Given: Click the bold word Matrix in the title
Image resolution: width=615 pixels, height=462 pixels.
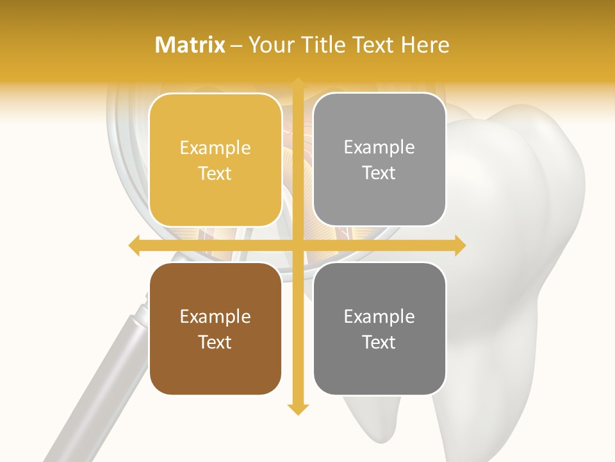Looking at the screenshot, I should pyautogui.click(x=190, y=45).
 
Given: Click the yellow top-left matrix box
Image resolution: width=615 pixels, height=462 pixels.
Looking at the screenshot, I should pyautogui.click(x=215, y=160).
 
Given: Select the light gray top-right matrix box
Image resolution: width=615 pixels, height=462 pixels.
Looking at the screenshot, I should pyautogui.click(x=379, y=160).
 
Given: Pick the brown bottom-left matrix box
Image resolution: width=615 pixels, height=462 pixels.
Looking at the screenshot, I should pyautogui.click(x=215, y=329).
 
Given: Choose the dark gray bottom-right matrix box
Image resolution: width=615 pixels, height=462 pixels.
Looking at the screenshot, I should pyautogui.click(x=379, y=329).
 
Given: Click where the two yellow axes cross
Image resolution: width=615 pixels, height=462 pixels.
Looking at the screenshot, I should pyautogui.click(x=297, y=246).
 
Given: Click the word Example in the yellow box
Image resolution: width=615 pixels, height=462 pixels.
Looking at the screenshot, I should pyautogui.click(x=215, y=148).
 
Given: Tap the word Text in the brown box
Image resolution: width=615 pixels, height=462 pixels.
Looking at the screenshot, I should pyautogui.click(x=215, y=342).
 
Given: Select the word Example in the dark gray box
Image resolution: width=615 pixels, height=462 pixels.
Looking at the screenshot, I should pyautogui.click(x=379, y=316).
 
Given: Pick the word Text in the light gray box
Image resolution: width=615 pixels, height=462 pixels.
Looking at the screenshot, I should pyautogui.click(x=379, y=173).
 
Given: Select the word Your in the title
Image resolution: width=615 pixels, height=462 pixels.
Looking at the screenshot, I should pyautogui.click(x=268, y=45).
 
